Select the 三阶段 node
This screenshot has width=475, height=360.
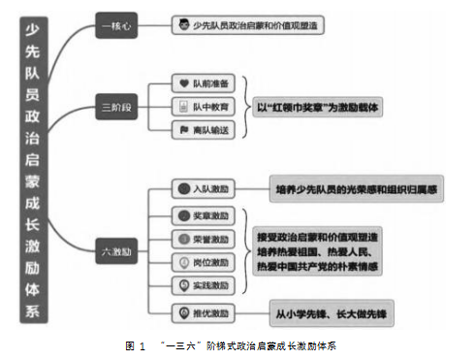(x=118, y=103)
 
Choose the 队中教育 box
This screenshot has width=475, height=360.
(x=204, y=104)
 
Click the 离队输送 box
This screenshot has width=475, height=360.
(x=204, y=127)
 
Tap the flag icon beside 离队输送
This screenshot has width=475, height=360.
(x=185, y=127)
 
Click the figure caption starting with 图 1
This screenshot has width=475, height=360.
(x=236, y=345)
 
